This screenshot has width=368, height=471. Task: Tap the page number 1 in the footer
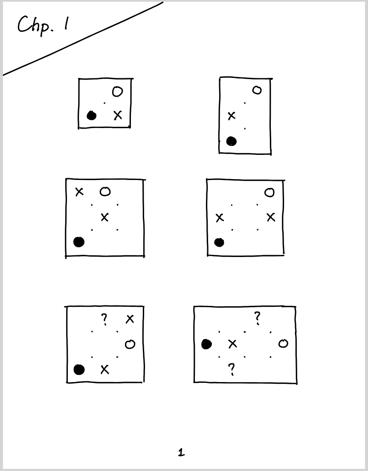coord(181,452)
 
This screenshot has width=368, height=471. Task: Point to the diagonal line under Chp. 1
coord(83,38)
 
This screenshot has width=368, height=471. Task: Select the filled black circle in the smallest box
coord(92,115)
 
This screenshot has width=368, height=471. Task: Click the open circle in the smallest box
coord(117,91)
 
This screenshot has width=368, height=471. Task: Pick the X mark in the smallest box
coord(118,115)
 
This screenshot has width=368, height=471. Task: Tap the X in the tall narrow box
coord(231,116)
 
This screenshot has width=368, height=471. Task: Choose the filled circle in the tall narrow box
coord(232,141)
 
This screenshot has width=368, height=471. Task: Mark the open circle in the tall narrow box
coord(257,90)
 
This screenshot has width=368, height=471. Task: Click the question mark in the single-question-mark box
coord(104,320)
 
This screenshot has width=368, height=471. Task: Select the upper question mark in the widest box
coord(257,318)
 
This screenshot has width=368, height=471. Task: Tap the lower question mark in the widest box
coord(231,369)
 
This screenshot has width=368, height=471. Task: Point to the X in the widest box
coord(232,344)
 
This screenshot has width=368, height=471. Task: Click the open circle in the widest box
coord(283,343)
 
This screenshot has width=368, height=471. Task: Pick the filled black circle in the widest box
coord(206,344)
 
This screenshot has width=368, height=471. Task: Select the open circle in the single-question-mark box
coord(130,344)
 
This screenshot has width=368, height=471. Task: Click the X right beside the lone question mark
coord(130,319)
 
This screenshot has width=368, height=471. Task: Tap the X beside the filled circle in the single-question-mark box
coord(104,369)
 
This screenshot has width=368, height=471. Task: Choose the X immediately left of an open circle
coord(79,191)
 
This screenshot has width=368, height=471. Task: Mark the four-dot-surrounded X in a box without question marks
coord(104,217)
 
